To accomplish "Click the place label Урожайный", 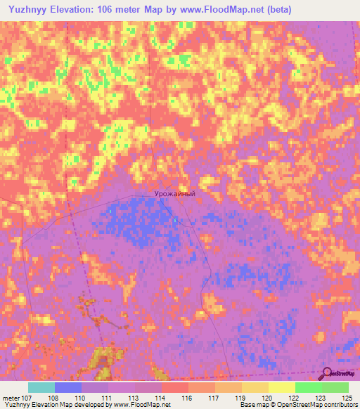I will [x=174, y=193].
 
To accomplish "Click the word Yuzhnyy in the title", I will [x=28, y=9].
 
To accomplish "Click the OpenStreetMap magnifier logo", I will [x=328, y=373].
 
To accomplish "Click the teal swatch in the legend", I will [x=41, y=387].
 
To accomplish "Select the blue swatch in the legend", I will [x=67, y=387].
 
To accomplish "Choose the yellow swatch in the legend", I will [x=281, y=387].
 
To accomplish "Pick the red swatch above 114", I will [x=174, y=387].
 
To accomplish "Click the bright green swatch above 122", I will [x=308, y=387].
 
